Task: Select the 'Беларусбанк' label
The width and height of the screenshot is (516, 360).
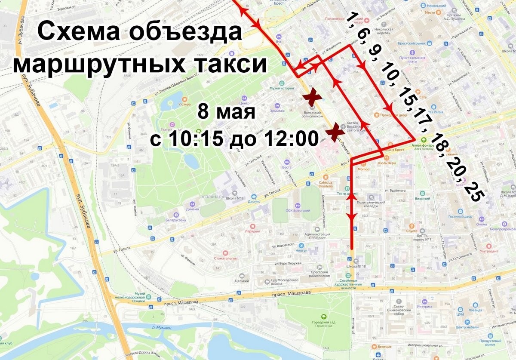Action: coord(177,219)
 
